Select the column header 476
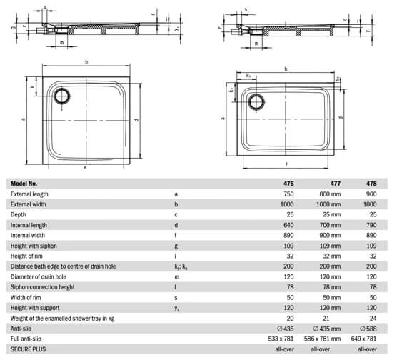(x=288, y=183)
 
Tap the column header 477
(x=335, y=183)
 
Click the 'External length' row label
(x=29, y=194)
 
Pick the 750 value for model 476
(x=288, y=194)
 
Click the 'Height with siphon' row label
(x=34, y=245)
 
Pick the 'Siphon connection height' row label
(x=42, y=286)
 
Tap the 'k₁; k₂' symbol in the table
(x=181, y=266)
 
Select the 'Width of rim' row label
(x=27, y=297)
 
